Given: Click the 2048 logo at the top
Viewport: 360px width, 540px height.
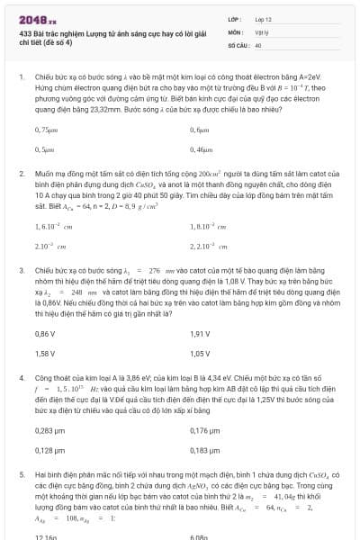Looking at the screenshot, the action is point(38,18).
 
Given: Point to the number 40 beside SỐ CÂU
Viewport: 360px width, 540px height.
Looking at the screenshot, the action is point(258,43).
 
